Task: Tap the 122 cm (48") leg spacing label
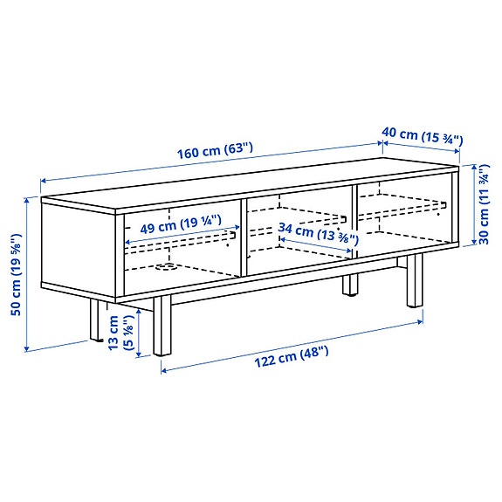[292, 352]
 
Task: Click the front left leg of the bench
[93, 320]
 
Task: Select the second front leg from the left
[161, 326]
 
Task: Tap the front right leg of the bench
[412, 280]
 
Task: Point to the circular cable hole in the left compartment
[163, 267]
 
